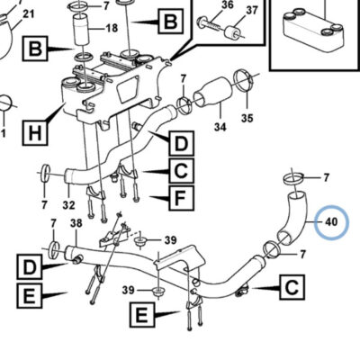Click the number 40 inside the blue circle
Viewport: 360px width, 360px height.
(331, 222)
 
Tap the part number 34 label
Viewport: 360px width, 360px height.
(220, 127)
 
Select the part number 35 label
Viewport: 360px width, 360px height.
(247, 118)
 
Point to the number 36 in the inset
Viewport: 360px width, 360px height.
(228, 4)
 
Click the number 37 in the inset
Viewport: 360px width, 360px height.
(252, 10)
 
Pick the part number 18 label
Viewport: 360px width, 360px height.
(112, 28)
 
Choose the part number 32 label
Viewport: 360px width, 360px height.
(68, 205)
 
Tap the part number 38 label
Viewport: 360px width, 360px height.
(76, 223)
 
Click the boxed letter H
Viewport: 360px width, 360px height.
(35, 133)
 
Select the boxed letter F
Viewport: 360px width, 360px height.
(181, 198)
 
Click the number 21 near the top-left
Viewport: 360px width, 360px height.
(29, 13)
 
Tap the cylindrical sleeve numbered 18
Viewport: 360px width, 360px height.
(82, 31)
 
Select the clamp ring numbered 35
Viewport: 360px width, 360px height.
(243, 79)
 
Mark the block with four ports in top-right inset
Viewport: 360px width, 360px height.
(312, 27)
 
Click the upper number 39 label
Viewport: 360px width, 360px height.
(170, 240)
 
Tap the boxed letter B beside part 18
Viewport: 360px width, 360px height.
(35, 49)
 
